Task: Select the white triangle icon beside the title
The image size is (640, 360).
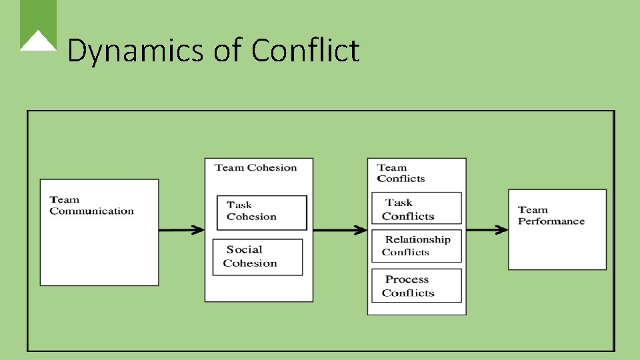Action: pos(38,41)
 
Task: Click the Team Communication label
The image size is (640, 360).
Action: pos(91,205)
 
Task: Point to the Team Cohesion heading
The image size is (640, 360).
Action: pos(255,167)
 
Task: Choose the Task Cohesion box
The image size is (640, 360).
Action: pos(262,212)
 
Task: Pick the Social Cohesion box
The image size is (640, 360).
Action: pos(257,257)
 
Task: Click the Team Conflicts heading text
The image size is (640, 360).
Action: pos(401,173)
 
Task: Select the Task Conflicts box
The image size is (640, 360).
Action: pos(416,209)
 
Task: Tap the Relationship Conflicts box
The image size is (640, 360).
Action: pos(416,245)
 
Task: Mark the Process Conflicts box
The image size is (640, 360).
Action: pos(416,285)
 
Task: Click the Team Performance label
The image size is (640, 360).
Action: pos(551,215)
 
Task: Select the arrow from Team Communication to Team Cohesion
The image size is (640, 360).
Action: pos(181,230)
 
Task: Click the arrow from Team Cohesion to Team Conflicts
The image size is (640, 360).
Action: pos(340,230)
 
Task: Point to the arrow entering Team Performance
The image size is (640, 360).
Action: pos(487,230)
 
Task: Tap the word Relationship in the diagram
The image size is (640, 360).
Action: pos(418,239)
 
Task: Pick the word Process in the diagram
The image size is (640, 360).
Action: pos(407,279)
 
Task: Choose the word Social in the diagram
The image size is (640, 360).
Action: pos(244,250)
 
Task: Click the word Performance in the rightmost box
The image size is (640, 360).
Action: pos(551,221)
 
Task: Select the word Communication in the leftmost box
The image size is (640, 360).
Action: pos(91,211)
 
